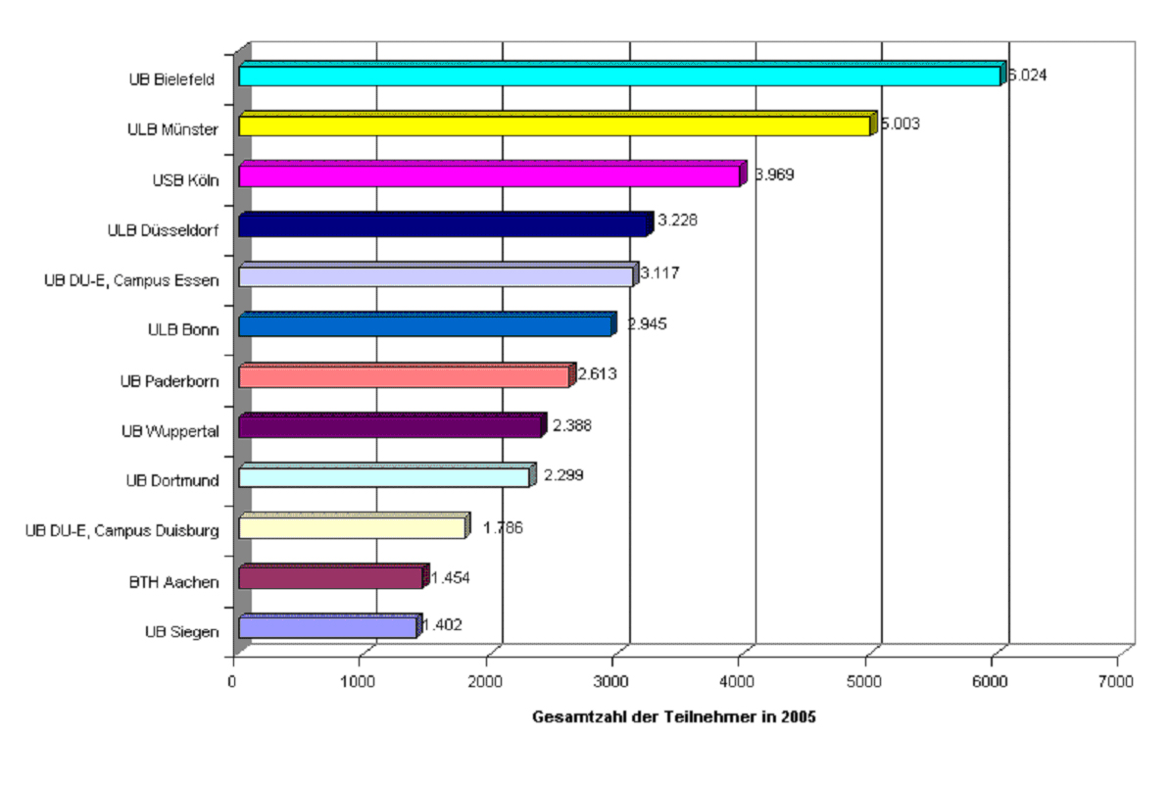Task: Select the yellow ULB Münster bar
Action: click(555, 125)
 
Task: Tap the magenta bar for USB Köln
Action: click(489, 175)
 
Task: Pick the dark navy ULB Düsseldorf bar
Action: click(443, 225)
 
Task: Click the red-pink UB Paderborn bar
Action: click(404, 376)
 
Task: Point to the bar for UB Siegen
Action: click(327, 627)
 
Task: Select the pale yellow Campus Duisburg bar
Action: click(352, 527)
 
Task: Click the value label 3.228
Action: click(677, 221)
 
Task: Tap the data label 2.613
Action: click(598, 373)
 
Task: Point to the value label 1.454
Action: click(451, 577)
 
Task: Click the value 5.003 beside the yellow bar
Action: click(900, 124)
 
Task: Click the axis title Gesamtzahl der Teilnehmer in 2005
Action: click(674, 716)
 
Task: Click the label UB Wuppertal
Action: click(170, 430)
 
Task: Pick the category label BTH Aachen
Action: click(174, 582)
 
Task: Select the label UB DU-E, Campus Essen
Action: click(130, 280)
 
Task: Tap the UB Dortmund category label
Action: click(171, 480)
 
